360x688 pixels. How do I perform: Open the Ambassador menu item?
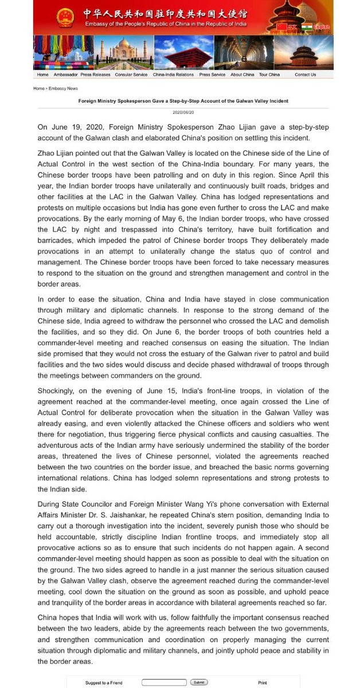click(x=65, y=75)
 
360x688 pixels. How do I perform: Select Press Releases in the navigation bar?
click(x=95, y=75)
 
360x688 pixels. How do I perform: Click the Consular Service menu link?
click(x=131, y=75)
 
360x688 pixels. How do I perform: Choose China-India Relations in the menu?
click(x=173, y=75)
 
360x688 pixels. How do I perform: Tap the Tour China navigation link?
click(x=269, y=75)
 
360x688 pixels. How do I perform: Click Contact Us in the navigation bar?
click(x=305, y=75)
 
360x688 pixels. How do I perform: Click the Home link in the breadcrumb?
click(x=38, y=89)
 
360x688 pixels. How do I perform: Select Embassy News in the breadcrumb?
click(x=63, y=89)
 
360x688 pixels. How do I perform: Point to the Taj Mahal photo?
click(x=124, y=53)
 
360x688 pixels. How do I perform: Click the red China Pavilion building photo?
click(x=183, y=53)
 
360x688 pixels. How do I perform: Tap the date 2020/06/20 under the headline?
click(x=183, y=112)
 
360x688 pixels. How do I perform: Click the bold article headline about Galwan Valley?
click(x=183, y=101)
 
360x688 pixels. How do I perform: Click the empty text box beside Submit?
click(x=164, y=682)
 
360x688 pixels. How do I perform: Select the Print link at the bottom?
click(x=263, y=683)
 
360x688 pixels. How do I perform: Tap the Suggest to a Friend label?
click(x=104, y=683)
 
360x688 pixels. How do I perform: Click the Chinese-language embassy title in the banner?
click(x=164, y=12)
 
